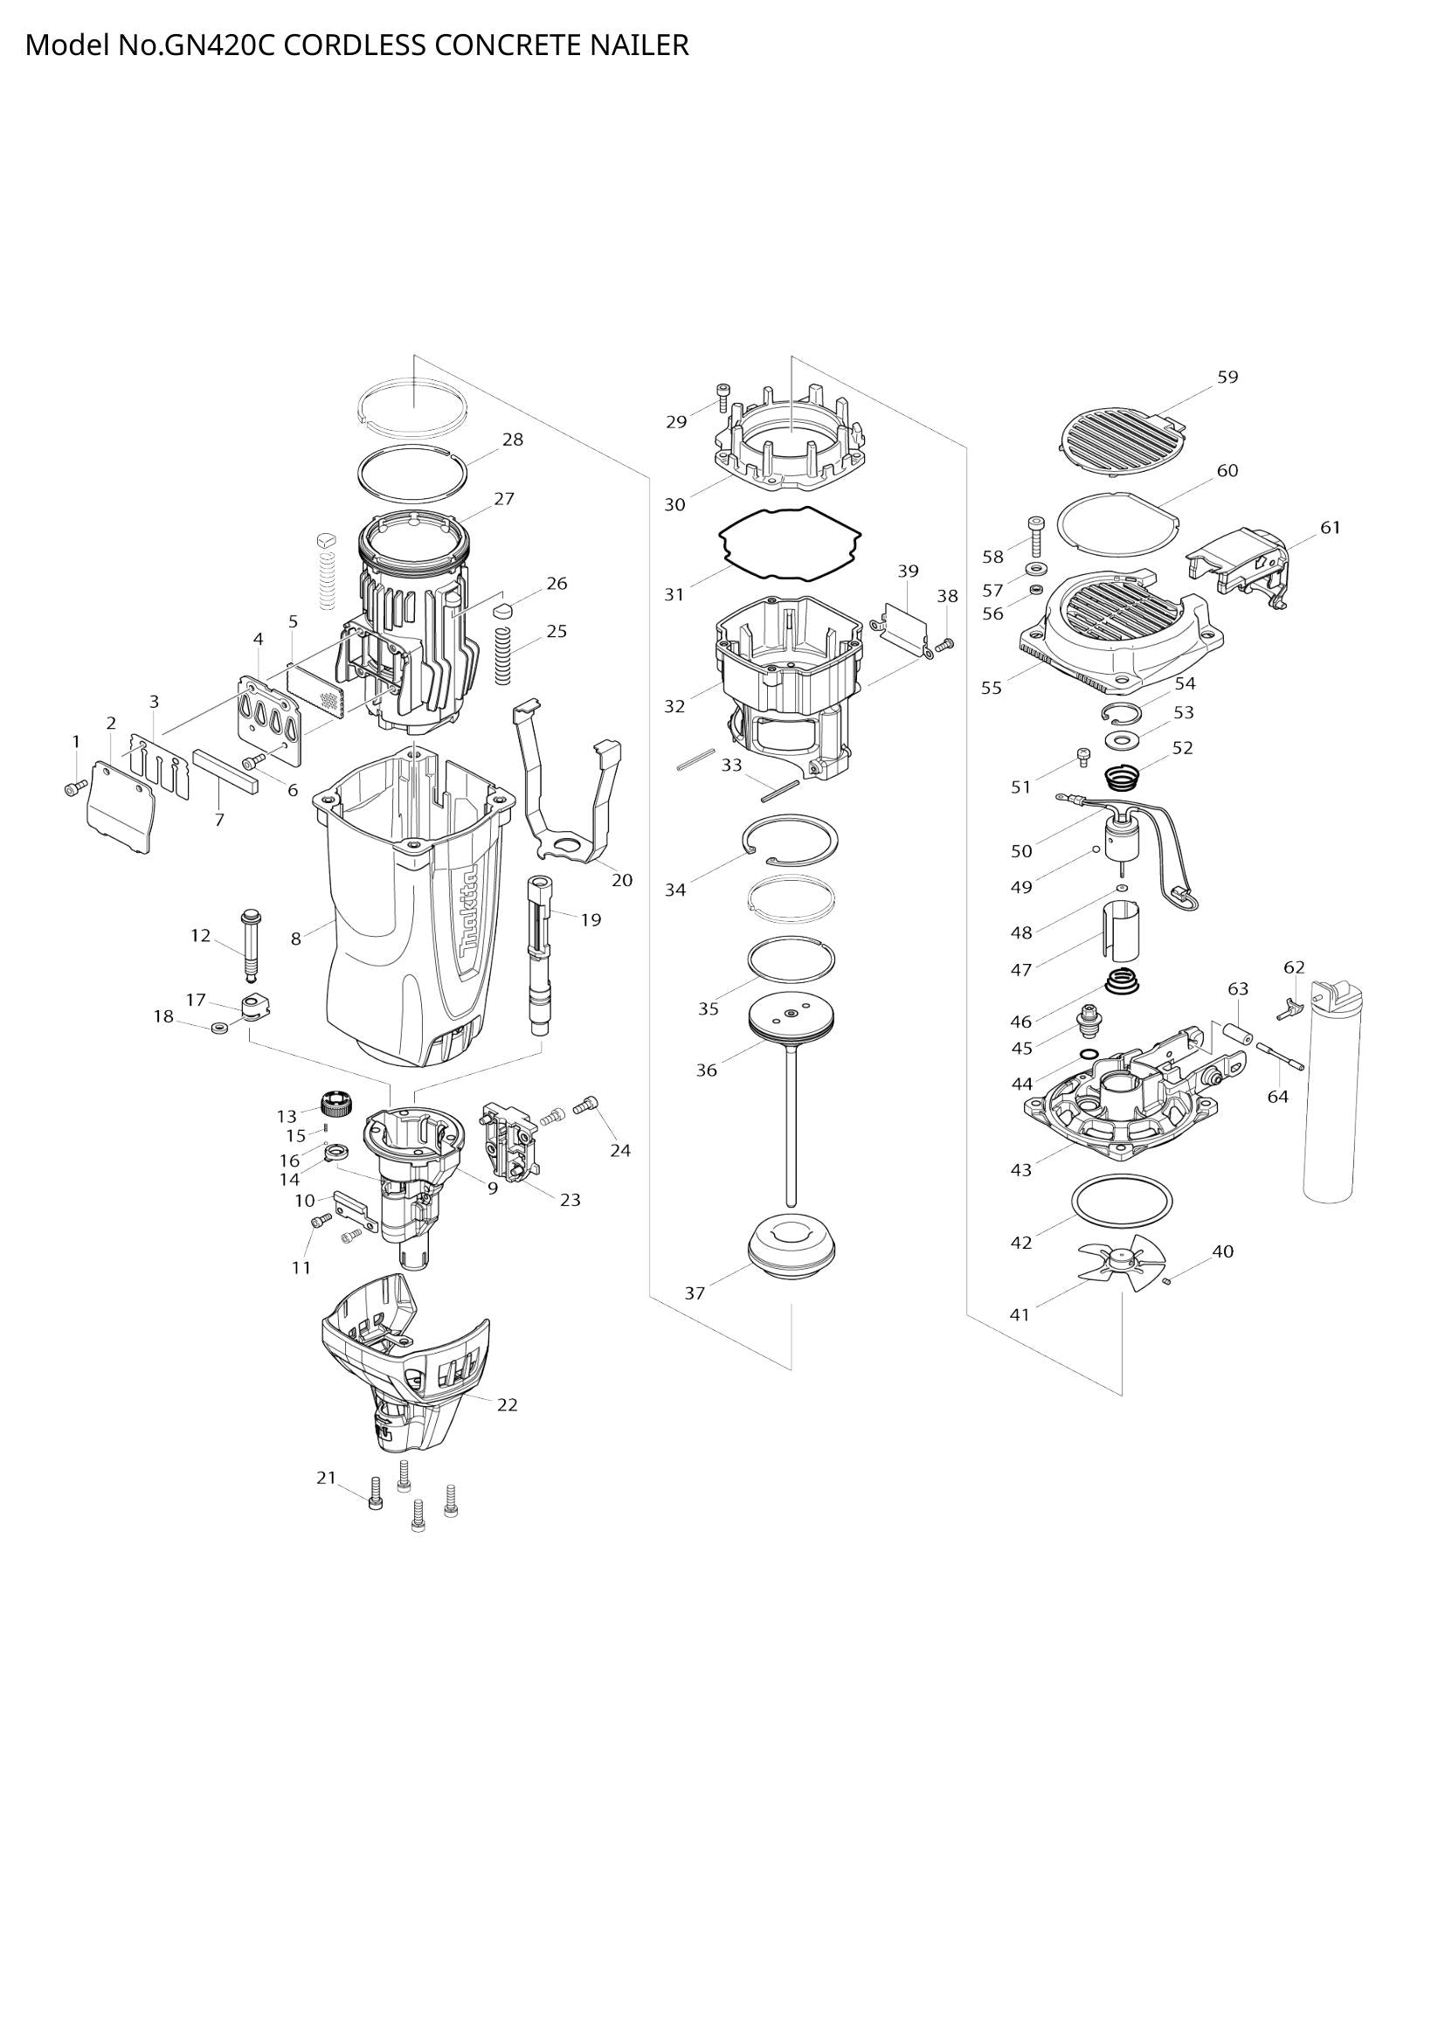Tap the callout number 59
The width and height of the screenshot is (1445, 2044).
[1227, 378]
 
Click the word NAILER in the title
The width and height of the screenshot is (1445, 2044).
[640, 45]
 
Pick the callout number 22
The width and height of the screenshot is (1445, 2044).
[507, 1405]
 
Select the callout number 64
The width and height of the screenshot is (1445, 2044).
[1277, 1097]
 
